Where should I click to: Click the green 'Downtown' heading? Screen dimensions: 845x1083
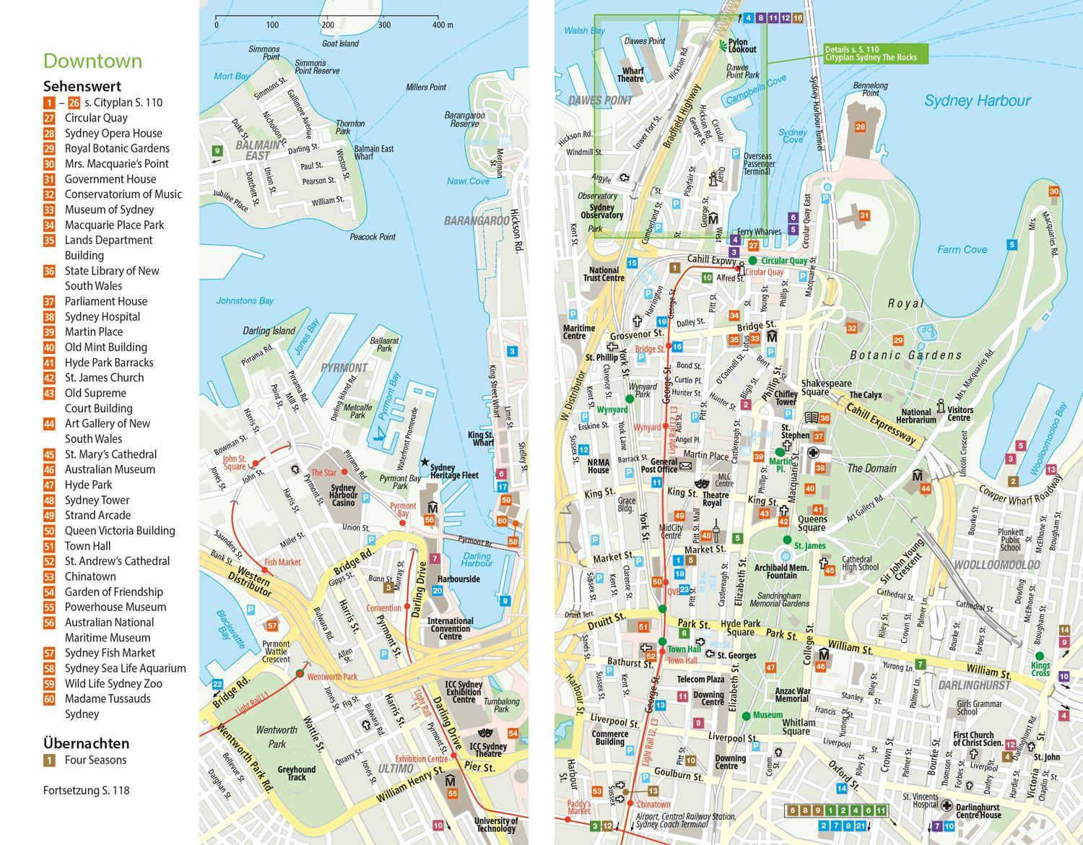tap(92, 61)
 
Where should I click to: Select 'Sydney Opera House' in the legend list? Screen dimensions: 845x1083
tap(113, 133)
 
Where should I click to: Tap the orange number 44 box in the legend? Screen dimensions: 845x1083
tap(49, 424)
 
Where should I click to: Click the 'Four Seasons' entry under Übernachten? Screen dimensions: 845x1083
tap(95, 760)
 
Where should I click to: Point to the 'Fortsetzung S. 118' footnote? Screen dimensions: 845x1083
tap(86, 790)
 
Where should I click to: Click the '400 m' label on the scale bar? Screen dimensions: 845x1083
tap(443, 25)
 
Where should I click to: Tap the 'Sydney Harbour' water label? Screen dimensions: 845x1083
tap(977, 100)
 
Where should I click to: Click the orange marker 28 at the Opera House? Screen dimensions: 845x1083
tap(860, 127)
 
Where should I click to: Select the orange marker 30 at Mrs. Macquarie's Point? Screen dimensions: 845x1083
tap(1053, 191)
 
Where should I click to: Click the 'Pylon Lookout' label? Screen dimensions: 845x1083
tap(741, 46)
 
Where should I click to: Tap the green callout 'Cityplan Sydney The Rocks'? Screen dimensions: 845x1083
tap(875, 53)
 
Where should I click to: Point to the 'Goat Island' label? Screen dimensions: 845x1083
tap(340, 43)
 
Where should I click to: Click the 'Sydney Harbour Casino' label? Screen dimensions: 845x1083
tap(343, 495)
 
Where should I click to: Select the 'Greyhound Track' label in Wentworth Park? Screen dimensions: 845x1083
tap(297, 773)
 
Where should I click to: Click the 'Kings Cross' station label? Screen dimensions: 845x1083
tap(1040, 669)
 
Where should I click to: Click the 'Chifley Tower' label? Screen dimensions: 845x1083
tap(786, 398)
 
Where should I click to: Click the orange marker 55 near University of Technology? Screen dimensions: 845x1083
tap(452, 794)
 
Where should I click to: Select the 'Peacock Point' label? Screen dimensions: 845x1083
tap(373, 237)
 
